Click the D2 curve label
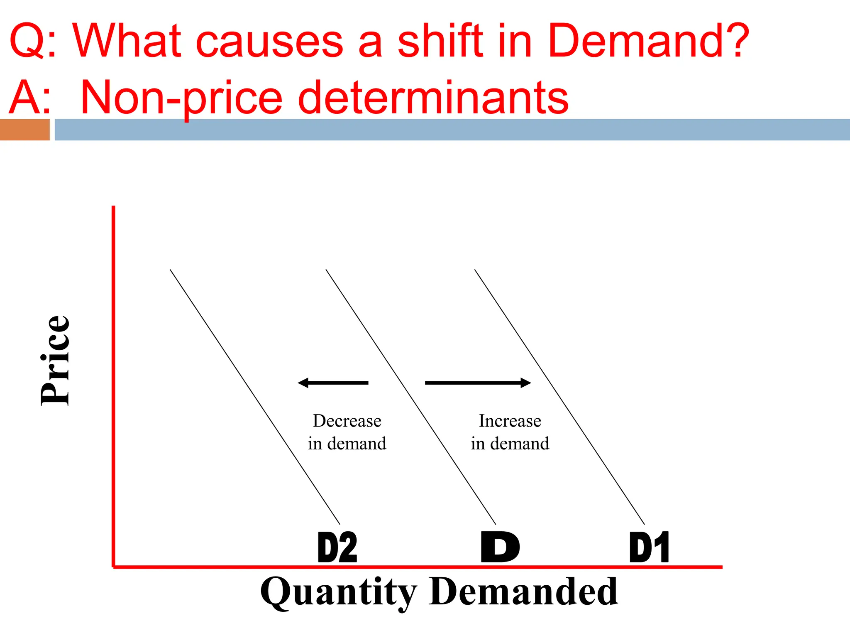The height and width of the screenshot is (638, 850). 337,547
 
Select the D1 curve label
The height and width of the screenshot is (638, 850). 649,547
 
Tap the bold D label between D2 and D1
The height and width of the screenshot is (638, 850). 500,547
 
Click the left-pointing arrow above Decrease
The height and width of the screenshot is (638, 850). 333,383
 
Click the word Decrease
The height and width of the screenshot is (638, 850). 347,421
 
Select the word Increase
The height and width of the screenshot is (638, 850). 510,421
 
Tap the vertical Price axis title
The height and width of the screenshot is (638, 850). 55,360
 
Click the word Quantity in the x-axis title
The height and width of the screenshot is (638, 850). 338,592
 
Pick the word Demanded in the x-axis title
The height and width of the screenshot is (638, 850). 523,591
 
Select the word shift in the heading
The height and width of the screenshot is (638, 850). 440,40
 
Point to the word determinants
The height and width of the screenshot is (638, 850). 433,98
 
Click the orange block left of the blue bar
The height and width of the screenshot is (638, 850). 24,130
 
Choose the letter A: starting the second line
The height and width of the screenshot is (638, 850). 30,98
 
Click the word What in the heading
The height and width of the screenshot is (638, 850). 127,40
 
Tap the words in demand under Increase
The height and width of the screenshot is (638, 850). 510,444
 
